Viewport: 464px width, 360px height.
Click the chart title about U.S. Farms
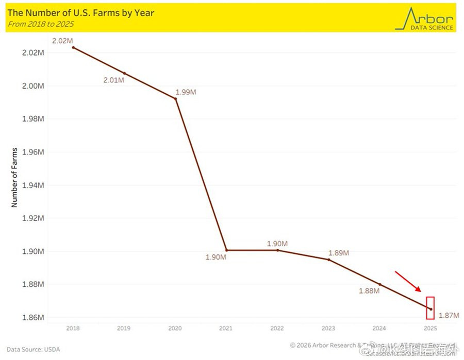point(81,12)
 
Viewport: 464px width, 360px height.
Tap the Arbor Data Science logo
point(424,19)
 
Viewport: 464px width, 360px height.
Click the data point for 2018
point(73,47)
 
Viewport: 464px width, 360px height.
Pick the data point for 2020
point(176,98)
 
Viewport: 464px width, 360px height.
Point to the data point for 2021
point(227,250)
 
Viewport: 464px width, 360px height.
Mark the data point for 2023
point(328,260)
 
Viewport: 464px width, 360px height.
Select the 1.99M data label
point(186,92)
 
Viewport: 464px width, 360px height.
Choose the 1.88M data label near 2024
point(369,291)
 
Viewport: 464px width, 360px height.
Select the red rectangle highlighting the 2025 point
point(430,308)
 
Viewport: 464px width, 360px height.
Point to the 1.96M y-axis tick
point(33,152)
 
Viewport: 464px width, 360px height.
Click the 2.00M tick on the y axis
point(33,85)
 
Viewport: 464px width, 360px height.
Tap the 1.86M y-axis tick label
point(33,317)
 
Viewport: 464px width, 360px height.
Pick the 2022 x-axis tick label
point(277,328)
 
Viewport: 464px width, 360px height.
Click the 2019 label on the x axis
point(124,328)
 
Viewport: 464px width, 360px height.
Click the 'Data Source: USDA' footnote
point(33,350)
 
